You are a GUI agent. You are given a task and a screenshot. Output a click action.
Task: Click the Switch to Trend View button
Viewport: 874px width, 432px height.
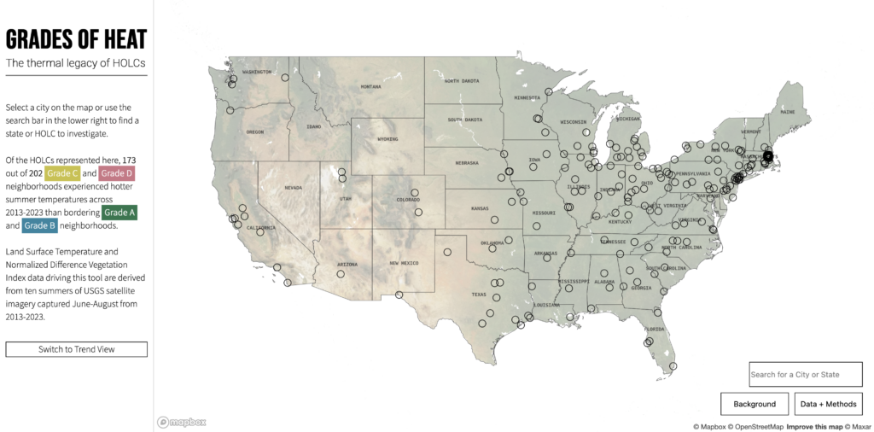coord(76,349)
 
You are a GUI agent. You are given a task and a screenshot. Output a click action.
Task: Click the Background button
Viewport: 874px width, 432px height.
coord(755,404)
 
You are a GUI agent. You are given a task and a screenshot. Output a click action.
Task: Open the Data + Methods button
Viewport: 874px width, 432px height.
coord(828,404)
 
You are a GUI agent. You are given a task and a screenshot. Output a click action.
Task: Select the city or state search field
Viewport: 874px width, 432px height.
coord(805,374)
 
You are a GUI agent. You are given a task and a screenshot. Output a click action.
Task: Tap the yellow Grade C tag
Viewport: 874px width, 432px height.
coord(62,173)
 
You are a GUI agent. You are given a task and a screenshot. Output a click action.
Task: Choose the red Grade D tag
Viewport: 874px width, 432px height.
coord(117,173)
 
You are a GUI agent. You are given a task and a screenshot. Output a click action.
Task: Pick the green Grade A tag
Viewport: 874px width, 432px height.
coord(119,212)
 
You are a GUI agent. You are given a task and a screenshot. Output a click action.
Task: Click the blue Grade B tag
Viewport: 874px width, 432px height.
coord(40,225)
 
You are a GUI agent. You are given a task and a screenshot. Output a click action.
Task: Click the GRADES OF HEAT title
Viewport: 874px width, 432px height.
coord(76,39)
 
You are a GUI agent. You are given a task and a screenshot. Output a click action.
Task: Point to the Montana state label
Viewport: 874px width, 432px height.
coord(370,86)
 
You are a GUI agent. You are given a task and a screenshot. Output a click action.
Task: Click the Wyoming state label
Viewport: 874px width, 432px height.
coord(387,138)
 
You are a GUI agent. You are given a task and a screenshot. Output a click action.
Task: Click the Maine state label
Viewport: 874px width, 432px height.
coord(787,112)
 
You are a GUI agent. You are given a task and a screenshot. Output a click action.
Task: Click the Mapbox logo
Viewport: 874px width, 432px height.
coord(181,422)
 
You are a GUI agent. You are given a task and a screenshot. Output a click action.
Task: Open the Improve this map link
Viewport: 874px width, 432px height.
coord(814,426)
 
